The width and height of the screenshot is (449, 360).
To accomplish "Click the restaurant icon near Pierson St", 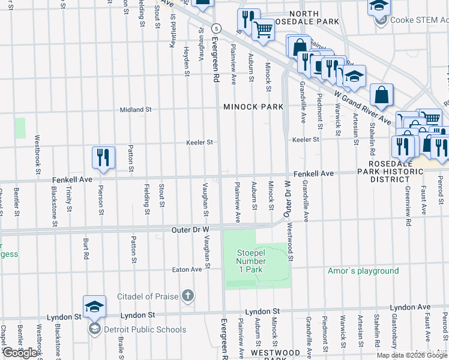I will pos(103,158).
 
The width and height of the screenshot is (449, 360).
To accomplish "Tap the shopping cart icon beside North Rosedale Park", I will pos(263,29).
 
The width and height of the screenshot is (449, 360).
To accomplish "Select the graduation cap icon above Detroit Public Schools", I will pos(94,307).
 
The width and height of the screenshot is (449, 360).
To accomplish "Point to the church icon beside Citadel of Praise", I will pos(188,295).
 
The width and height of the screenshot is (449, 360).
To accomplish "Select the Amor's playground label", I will pos(363,271).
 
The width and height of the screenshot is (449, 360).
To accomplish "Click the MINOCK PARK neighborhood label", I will pos(253,107).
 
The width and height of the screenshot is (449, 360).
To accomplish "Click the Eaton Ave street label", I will pos(187,269).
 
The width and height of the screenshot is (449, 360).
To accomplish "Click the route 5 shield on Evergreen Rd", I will pos(216,28).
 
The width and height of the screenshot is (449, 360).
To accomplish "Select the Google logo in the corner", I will pos(20,353).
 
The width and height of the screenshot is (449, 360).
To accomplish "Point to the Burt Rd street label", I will pos(86,247).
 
